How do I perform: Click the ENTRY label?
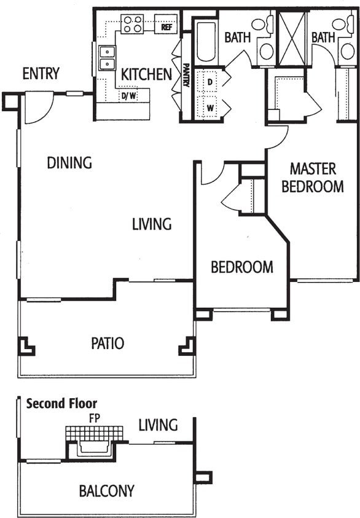pyautogui.click(x=41, y=74)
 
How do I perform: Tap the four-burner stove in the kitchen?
pyautogui.click(x=132, y=24)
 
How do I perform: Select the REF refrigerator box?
pyautogui.click(x=165, y=27)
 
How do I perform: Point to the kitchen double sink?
pyautogui.click(x=107, y=58)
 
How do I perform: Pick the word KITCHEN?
pyautogui.click(x=146, y=74)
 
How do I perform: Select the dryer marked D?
pyautogui.click(x=209, y=81)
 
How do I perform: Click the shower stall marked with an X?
pyautogui.click(x=292, y=38)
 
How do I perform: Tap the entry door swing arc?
pyautogui.click(x=39, y=108)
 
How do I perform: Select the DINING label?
pyautogui.click(x=69, y=163)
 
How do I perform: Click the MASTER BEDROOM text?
pyautogui.click(x=313, y=178)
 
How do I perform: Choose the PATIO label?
pyautogui.click(x=108, y=343)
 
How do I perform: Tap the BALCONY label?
pyautogui.click(x=106, y=491)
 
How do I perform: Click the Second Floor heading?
pyautogui.click(x=61, y=404)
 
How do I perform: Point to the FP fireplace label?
pyautogui.click(x=95, y=416)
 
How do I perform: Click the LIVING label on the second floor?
pyautogui.click(x=158, y=425)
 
